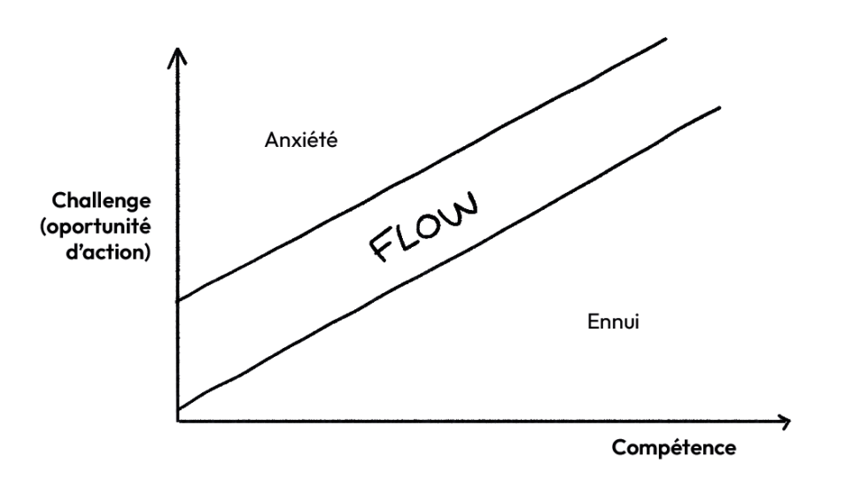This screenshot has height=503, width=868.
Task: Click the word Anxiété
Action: (x=301, y=140)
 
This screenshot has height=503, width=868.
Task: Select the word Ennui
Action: (x=613, y=321)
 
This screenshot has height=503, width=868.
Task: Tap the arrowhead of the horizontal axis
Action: (x=785, y=419)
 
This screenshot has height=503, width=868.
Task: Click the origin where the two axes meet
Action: (x=178, y=419)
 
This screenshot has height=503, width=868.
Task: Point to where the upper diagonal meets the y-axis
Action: (x=178, y=301)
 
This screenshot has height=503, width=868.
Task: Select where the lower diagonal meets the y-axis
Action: (x=178, y=409)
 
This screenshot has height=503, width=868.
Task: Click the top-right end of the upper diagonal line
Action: (x=664, y=39)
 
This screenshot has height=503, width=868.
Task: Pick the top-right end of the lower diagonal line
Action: (x=720, y=107)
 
